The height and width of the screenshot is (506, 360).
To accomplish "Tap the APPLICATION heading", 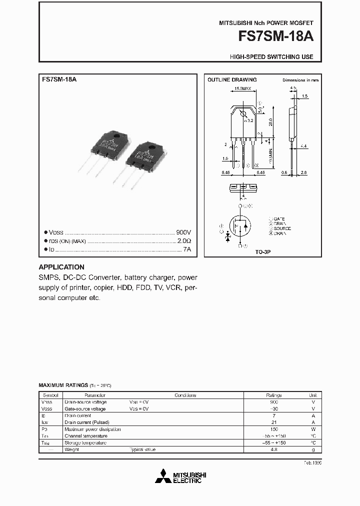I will pyautogui.click(x=61, y=267).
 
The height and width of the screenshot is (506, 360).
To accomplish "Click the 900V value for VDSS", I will pyautogui.click(x=184, y=232).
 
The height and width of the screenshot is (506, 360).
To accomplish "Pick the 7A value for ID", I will pyautogui.click(x=187, y=248).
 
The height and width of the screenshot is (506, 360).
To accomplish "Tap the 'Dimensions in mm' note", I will pyautogui.click(x=300, y=80).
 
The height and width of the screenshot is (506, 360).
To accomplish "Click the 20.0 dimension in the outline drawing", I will pyautogui.click(x=270, y=121).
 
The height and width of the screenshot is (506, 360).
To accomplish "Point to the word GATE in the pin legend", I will pyautogui.click(x=279, y=219).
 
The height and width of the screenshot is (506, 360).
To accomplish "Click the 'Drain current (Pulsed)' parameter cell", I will pyautogui.click(x=88, y=422).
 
